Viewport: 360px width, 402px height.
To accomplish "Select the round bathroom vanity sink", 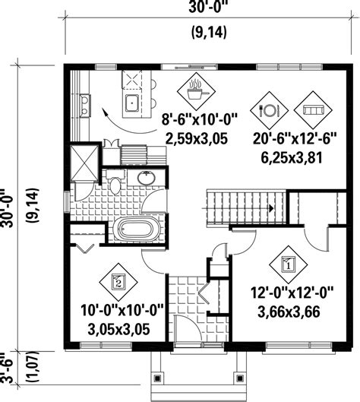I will tap(144, 179).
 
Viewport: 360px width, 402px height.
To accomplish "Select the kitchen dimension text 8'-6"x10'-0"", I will tap(200, 119).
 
